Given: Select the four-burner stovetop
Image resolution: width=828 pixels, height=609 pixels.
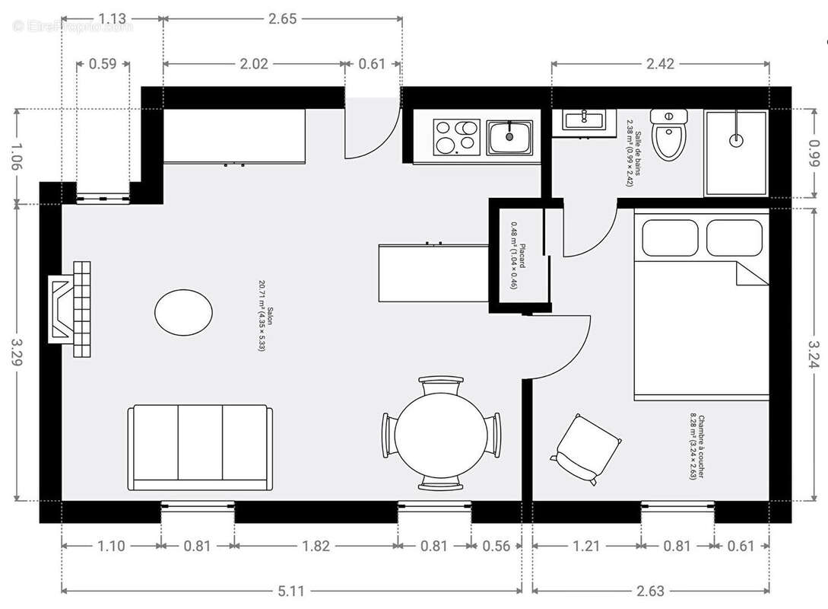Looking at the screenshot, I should coord(456,136).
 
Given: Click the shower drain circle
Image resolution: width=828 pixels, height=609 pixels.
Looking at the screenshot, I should coord(736,140).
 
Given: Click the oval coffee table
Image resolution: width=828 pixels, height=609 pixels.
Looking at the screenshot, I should coord(183,311).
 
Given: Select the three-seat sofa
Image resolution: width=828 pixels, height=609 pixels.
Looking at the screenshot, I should coord(200,447).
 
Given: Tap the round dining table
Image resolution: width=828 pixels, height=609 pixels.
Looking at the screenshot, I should coord(441,433).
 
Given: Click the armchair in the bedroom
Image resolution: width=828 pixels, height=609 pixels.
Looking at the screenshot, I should coord(587,448).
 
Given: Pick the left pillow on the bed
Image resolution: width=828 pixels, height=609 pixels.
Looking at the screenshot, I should coord(669,238).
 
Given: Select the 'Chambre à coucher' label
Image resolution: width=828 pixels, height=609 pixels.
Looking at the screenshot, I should coord(697,447).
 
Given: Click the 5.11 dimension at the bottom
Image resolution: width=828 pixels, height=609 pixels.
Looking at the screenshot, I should coord(291,591).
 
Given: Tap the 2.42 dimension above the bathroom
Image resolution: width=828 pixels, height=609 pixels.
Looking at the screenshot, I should coord(660,64).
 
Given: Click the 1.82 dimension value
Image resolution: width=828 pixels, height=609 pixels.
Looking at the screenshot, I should coord(316,546).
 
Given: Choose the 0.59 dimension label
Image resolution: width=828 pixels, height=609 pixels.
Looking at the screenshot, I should coord(103,64).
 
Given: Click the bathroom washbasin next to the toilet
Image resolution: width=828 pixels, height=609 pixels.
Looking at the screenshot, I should coord(584,119).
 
